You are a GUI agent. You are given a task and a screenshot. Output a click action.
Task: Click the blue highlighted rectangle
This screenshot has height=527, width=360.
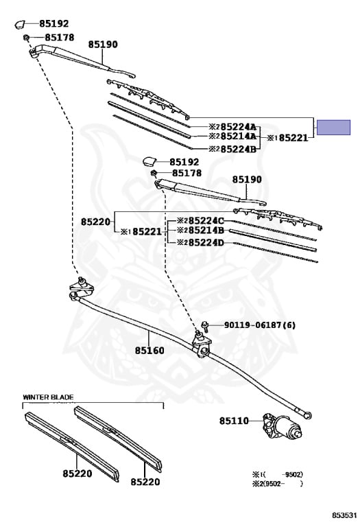pyautogui.click(x=333, y=128)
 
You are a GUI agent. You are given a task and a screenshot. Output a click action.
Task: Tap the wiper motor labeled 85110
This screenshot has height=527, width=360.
pyautogui.click(x=282, y=425)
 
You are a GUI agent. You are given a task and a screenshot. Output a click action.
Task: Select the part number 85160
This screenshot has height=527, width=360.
pyautogui.click(x=149, y=351)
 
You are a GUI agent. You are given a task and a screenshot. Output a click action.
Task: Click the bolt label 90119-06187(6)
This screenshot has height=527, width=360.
pyautogui.click(x=260, y=325)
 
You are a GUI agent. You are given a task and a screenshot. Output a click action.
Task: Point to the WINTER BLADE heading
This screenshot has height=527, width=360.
pyautogui.click(x=48, y=397)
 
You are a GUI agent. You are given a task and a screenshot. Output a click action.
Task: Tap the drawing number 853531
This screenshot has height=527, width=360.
pyautogui.click(x=344, y=515)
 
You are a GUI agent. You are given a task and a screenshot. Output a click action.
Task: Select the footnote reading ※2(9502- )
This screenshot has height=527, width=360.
pyautogui.click(x=278, y=484)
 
